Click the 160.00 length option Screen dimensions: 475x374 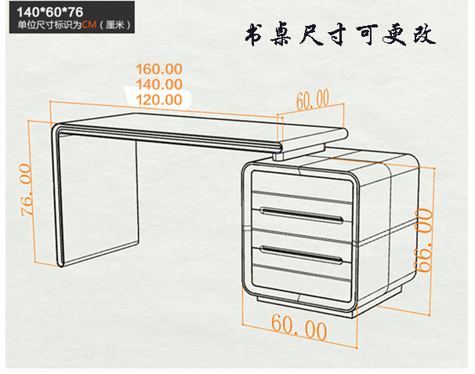tap(159, 69)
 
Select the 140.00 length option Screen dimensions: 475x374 tap(159, 84)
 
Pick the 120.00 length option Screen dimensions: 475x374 tap(159, 100)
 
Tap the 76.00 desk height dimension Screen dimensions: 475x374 tap(27, 190)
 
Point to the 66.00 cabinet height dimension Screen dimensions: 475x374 tap(423, 240)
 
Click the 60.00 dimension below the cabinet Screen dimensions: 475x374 tap(299, 327)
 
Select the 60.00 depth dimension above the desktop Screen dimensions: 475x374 tap(313, 100)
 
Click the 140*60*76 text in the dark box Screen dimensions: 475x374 tap(50, 12)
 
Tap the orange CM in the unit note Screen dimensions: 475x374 tap(89, 24)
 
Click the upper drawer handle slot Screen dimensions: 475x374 tap(302, 215)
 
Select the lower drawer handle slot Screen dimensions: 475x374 tap(302, 255)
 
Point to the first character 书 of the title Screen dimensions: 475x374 tap(254, 35)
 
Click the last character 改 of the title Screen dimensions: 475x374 tap(424, 34)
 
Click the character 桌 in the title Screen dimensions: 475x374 tap(281, 34)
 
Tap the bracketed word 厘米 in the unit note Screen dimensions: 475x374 tap(114, 24)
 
